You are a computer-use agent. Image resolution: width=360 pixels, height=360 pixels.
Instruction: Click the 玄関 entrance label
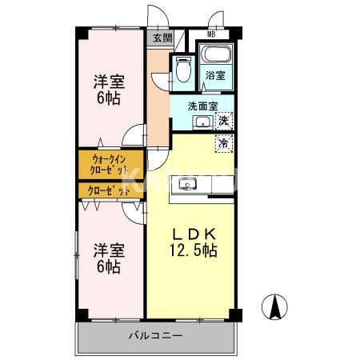pyautogui.click(x=162, y=37)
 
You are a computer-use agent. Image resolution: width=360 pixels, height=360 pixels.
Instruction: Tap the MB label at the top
pyautogui.click(x=211, y=34)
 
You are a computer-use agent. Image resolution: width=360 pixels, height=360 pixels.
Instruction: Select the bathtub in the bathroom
pyautogui.click(x=214, y=56)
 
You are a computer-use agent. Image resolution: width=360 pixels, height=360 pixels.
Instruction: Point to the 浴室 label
pyautogui.click(x=214, y=76)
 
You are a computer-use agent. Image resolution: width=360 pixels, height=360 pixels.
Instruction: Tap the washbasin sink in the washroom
pyautogui.click(x=203, y=122)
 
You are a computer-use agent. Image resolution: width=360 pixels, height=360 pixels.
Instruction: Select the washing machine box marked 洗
pyautogui.click(x=224, y=121)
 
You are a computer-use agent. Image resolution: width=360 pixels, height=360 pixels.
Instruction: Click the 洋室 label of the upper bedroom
pyautogui.click(x=110, y=80)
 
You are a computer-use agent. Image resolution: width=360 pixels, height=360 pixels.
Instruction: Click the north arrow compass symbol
pyautogui.click(x=273, y=307)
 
